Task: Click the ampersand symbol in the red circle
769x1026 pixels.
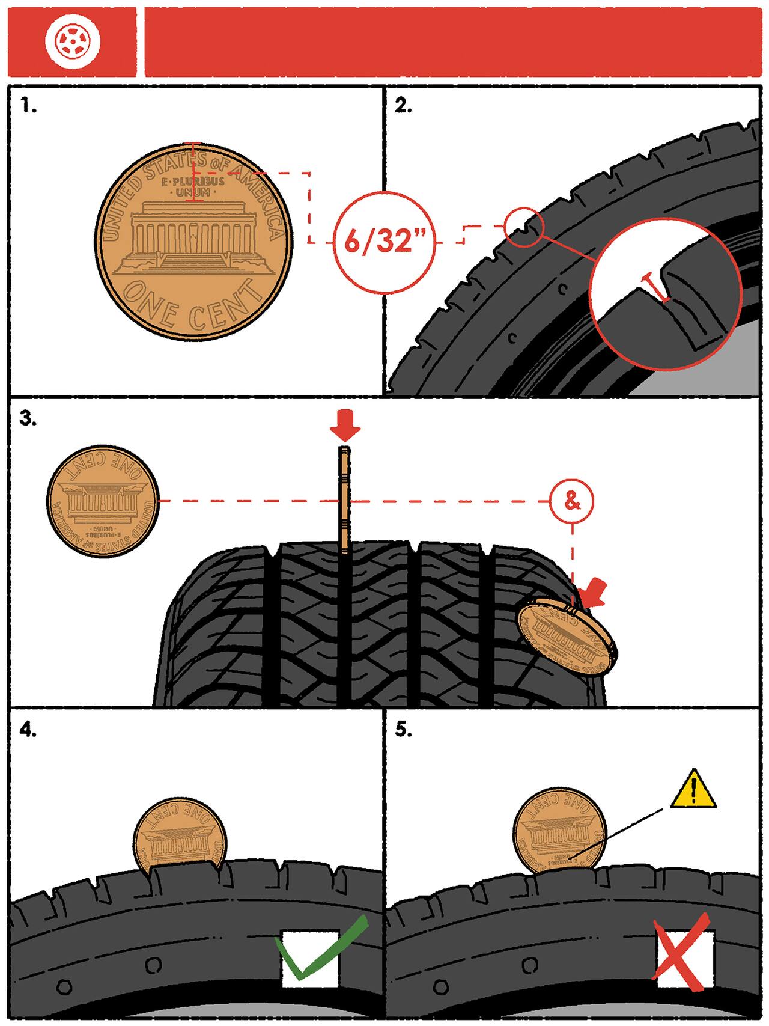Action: point(572,501)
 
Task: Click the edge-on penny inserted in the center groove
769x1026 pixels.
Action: point(344,499)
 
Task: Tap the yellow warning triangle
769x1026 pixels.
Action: point(695,789)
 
